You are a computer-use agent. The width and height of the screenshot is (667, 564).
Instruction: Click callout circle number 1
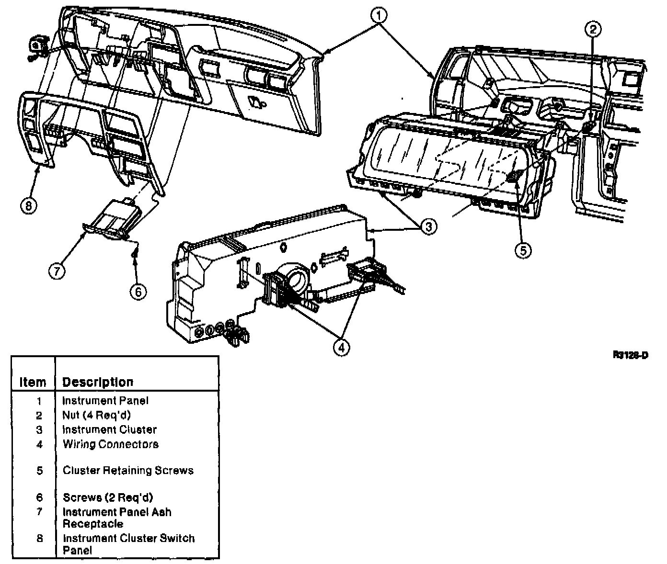tap(378, 16)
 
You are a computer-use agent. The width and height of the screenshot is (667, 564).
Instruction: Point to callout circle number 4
tap(341, 348)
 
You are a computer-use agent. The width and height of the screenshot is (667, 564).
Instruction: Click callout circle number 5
tap(523, 249)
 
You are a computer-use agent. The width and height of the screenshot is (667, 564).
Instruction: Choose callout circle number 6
tap(138, 291)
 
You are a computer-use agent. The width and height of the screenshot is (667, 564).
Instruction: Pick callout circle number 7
tap(56, 271)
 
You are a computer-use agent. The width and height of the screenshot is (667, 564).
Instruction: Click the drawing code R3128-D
tap(630, 355)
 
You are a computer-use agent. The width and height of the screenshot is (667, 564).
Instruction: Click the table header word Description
tap(98, 382)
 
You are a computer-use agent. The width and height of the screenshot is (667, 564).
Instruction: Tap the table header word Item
tap(33, 382)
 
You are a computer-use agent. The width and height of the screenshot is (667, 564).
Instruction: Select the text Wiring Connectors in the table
tap(110, 444)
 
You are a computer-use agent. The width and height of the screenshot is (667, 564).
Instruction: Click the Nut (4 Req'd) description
tap(96, 415)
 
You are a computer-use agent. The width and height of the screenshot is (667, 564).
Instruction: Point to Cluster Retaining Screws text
tap(128, 471)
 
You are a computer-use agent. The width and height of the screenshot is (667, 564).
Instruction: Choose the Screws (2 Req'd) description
tap(108, 497)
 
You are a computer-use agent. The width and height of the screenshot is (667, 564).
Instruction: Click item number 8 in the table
tap(39, 539)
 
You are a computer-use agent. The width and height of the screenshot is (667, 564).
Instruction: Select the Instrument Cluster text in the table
tap(109, 429)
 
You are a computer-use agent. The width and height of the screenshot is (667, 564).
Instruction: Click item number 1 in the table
tap(39, 401)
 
